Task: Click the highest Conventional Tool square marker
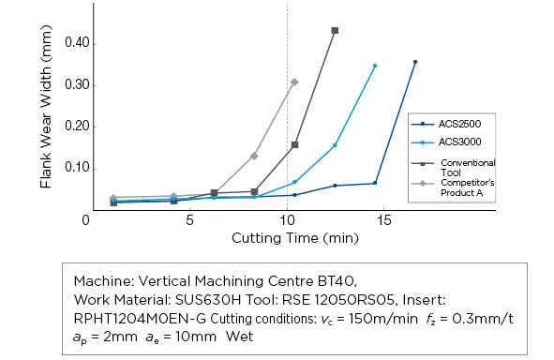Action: click(335, 31)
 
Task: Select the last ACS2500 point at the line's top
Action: click(415, 62)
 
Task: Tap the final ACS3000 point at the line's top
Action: click(375, 66)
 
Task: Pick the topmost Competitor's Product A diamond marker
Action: click(294, 82)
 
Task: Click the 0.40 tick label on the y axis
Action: click(77, 43)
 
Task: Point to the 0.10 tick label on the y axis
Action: click(77, 168)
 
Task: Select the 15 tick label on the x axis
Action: click(384, 221)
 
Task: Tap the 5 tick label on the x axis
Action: click(189, 221)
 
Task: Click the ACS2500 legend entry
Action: click(446, 124)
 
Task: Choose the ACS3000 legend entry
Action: click(446, 142)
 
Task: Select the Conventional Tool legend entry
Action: click(454, 168)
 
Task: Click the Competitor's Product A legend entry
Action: click(453, 187)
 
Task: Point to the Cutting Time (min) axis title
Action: click(295, 238)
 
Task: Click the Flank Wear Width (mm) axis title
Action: click(46, 106)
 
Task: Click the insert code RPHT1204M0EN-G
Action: click(140, 319)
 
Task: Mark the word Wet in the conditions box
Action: click(240, 336)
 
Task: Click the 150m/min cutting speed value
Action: click(383, 319)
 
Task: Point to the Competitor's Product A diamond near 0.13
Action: click(254, 156)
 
